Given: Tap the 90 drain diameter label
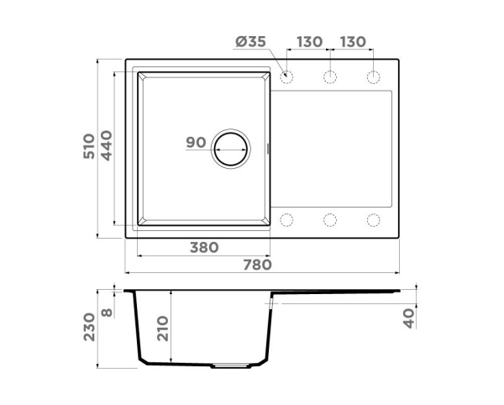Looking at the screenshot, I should (196, 143).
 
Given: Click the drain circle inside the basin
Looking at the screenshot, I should (231, 150).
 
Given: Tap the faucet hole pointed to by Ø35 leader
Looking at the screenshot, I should (286, 78).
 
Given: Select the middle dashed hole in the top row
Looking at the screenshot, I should (330, 78).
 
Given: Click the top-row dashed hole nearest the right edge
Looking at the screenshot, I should (373, 78).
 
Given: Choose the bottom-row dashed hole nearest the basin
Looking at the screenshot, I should (286, 220).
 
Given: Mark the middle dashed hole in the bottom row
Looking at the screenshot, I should (330, 220).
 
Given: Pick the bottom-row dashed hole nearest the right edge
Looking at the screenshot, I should (373, 220).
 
